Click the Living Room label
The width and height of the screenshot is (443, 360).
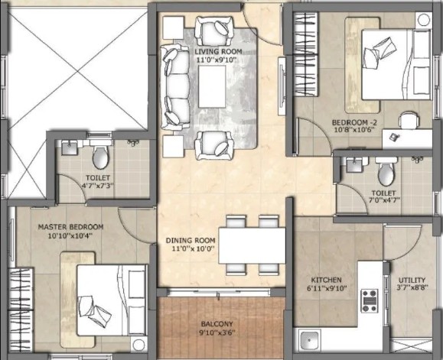pyautogui.click(x=218, y=52)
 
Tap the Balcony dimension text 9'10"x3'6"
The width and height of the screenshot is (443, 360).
pyautogui.click(x=217, y=333)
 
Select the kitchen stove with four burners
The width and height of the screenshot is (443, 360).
pyautogui.click(x=370, y=300)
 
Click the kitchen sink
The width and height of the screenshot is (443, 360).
pyautogui.click(x=310, y=340)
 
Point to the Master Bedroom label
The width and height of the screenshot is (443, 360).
pyautogui.click(x=70, y=227)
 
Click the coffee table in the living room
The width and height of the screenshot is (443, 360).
pyautogui.click(x=212, y=86)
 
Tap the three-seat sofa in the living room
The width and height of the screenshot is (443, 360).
pyautogui.click(x=175, y=86)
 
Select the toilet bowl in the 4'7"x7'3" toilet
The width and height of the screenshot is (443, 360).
pyautogui.click(x=100, y=157)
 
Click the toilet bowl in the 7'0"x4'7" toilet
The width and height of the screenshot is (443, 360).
pyautogui.click(x=386, y=173)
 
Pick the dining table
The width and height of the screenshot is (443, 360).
pyautogui.click(x=252, y=245)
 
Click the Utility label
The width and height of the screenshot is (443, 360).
pyautogui.click(x=412, y=281)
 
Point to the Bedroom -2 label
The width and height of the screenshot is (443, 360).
pyautogui.click(x=354, y=123)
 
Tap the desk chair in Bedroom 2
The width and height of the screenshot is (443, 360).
pyautogui.click(x=409, y=120)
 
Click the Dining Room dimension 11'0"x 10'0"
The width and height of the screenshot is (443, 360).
pyautogui.click(x=194, y=248)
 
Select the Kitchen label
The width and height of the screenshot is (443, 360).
pyautogui.click(x=326, y=281)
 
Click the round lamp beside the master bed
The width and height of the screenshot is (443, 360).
pyautogui.click(x=138, y=345)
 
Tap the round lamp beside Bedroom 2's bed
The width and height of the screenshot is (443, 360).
pyautogui.click(x=424, y=20)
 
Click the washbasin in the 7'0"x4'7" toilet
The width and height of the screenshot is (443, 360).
pyautogui.click(x=354, y=164)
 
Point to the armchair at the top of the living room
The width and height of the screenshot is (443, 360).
pyautogui.click(x=215, y=31)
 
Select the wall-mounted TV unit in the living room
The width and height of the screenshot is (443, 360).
pyautogui.click(x=282, y=86)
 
